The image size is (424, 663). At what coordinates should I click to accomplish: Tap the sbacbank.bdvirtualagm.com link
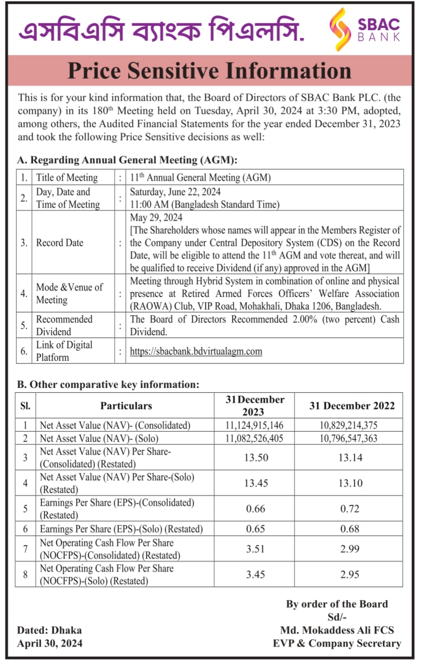(196, 351)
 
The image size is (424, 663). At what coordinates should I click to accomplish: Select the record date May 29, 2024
(156, 217)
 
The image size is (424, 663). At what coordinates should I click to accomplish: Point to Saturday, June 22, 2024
(175, 192)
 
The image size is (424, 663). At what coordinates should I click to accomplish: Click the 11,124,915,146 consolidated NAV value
(254, 425)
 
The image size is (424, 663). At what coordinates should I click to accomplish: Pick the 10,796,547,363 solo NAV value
(348, 438)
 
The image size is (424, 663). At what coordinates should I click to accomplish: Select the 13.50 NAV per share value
(256, 457)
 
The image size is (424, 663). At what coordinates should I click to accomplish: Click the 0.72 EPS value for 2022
(350, 509)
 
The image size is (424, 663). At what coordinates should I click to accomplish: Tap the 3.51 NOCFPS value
(255, 549)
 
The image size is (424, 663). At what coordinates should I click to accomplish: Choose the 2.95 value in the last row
(350, 574)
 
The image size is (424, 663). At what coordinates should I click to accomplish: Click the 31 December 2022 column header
(352, 406)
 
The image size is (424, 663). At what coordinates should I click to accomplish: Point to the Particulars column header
(126, 406)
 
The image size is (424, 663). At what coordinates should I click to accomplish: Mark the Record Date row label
(59, 243)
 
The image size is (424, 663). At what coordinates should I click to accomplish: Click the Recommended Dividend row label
(64, 325)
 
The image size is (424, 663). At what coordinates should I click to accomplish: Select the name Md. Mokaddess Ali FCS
(337, 630)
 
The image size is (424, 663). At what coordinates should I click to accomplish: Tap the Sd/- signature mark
(337, 617)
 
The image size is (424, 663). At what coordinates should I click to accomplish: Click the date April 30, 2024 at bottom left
(49, 643)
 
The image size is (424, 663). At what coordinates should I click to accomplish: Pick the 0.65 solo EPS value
(255, 529)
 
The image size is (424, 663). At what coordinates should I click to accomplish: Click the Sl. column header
(25, 406)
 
